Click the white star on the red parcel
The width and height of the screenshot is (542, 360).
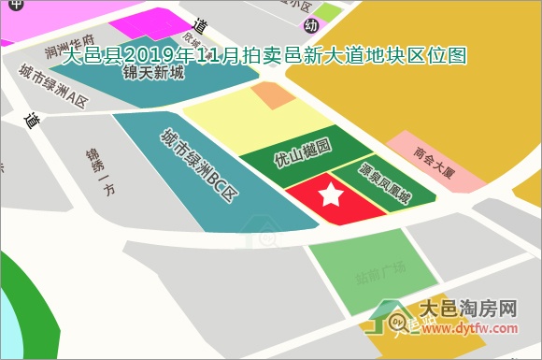(x=332, y=195)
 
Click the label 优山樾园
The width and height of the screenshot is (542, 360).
(x=303, y=153)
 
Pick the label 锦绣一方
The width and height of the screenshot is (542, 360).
(x=101, y=171)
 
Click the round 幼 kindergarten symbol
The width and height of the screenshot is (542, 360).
(x=311, y=24)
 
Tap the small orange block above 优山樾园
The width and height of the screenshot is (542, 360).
(x=273, y=94)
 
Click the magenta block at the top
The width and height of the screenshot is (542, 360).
(x=150, y=23)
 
